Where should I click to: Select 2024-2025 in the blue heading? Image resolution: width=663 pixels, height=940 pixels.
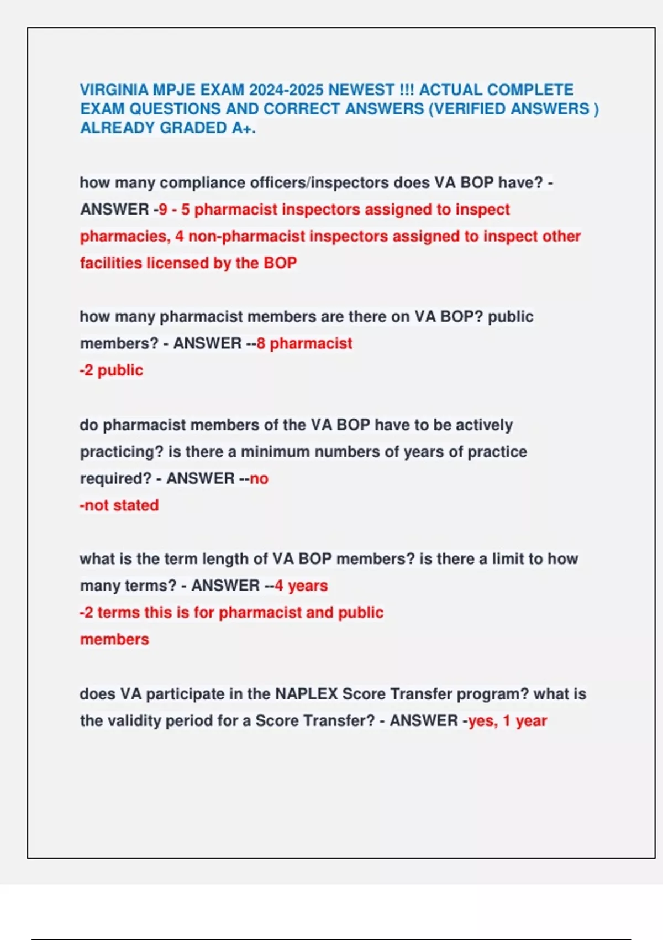(x=286, y=90)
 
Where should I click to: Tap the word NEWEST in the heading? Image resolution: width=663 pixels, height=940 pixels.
(x=361, y=90)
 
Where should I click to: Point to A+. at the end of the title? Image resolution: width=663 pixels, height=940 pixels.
(x=244, y=128)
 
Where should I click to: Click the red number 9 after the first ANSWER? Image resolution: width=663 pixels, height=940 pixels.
(x=163, y=210)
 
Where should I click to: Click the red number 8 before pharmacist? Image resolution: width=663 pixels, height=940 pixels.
(x=261, y=343)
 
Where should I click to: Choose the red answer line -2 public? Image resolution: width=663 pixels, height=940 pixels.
(x=111, y=370)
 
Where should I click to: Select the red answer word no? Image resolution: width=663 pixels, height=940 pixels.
(x=259, y=478)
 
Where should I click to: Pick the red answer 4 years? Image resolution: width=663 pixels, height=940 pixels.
(x=301, y=586)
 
